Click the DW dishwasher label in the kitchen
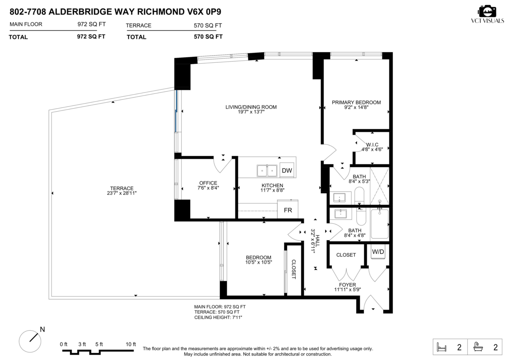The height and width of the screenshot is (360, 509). [287, 171]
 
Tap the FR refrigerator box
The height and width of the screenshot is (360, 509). [288, 209]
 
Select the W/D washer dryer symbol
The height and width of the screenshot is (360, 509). [378, 251]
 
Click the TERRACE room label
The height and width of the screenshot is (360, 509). [122, 188]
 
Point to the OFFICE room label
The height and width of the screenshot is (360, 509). [208, 183]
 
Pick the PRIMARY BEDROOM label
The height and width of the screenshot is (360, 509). [356, 102]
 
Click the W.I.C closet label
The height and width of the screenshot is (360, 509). [372, 145]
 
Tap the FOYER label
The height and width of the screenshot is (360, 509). [347, 285]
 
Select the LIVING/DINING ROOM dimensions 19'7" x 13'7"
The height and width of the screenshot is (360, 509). [251, 112]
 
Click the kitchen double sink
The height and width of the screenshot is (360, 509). [267, 171]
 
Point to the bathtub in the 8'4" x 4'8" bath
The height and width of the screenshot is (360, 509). [380, 224]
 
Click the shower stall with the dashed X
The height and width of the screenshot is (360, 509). [380, 186]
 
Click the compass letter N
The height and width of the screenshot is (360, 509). [42, 329]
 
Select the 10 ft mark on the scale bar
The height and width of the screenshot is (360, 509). [131, 344]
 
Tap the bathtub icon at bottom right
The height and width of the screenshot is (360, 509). [478, 347]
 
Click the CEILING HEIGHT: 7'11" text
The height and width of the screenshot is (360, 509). [218, 317]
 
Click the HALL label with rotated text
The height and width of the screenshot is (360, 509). [317, 241]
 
